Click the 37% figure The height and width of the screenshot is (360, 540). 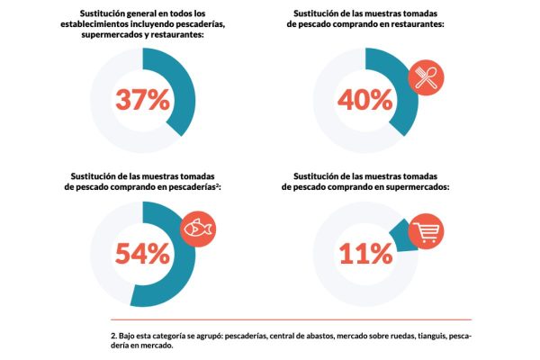pos(141,98)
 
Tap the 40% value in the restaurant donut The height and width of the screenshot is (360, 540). pos(366,98)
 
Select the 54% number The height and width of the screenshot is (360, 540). pos(141,253)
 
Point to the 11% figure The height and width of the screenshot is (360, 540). pos(366,253)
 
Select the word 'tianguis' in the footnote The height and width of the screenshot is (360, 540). pos(420,335)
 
